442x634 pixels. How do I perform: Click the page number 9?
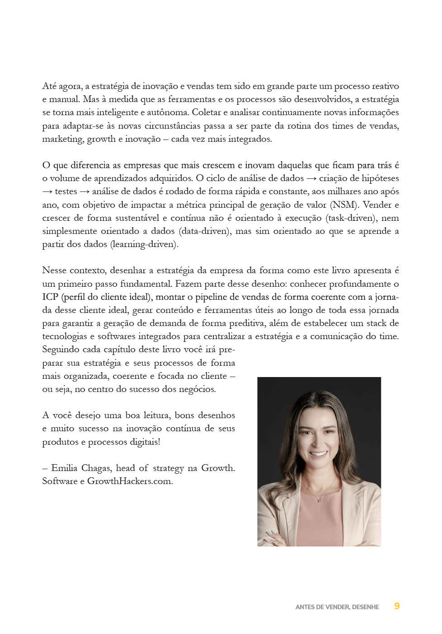(396, 606)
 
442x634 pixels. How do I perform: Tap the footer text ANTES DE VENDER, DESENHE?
(337, 607)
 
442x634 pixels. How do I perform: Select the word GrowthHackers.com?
(130, 481)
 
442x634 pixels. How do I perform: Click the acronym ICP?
(50, 297)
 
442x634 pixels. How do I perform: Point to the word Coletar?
(206, 112)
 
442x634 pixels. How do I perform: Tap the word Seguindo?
(61, 350)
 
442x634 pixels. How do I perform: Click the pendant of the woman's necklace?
(320, 500)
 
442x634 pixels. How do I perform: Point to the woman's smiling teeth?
(318, 453)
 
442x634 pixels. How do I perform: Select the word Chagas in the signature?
(96, 468)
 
